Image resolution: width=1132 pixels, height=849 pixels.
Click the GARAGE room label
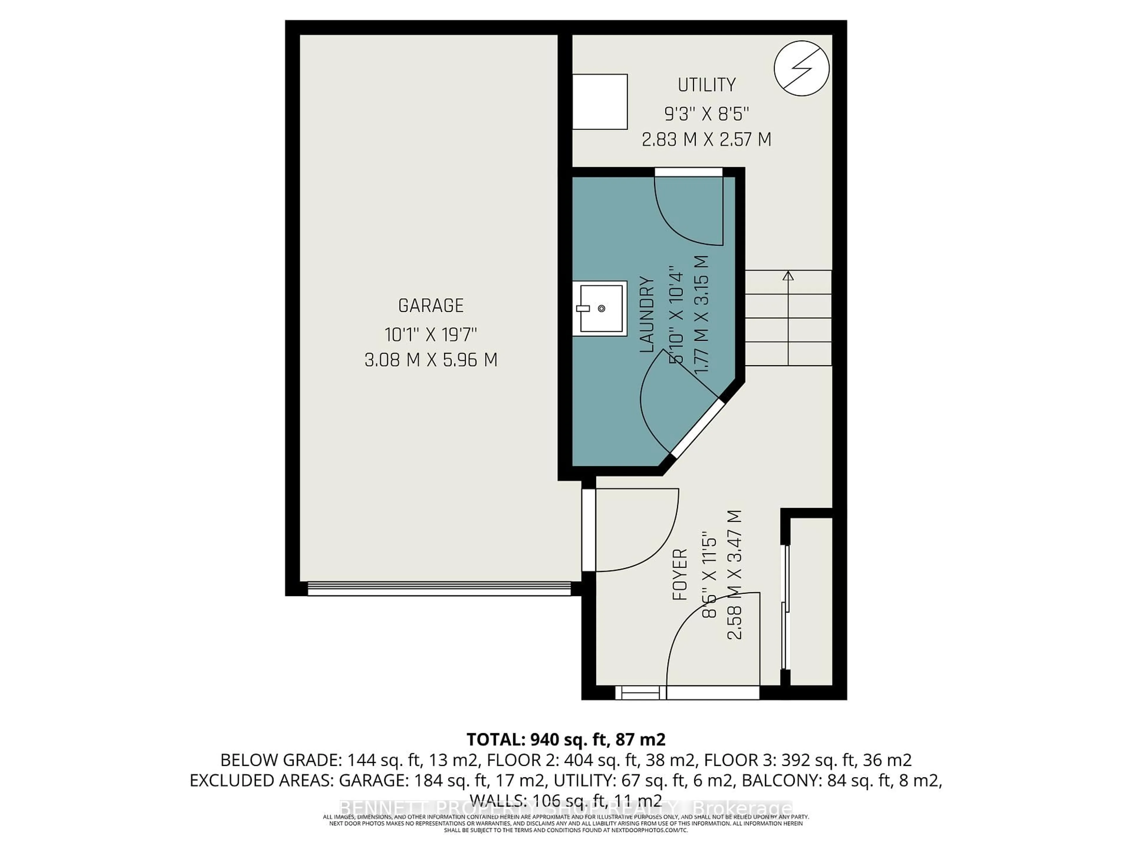point(431,305)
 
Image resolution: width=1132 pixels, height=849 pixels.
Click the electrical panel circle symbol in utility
point(802,68)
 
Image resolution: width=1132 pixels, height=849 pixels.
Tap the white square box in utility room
point(599,101)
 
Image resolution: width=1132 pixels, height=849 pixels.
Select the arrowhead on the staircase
point(788,275)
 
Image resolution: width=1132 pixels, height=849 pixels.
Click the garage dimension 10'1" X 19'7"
point(431,335)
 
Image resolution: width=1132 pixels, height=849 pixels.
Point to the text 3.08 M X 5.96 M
point(431,360)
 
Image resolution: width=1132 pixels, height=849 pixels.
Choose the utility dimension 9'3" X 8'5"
point(707,113)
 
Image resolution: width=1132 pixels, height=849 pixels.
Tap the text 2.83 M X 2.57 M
point(707,139)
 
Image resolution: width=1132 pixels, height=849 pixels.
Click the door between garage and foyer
point(588,530)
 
